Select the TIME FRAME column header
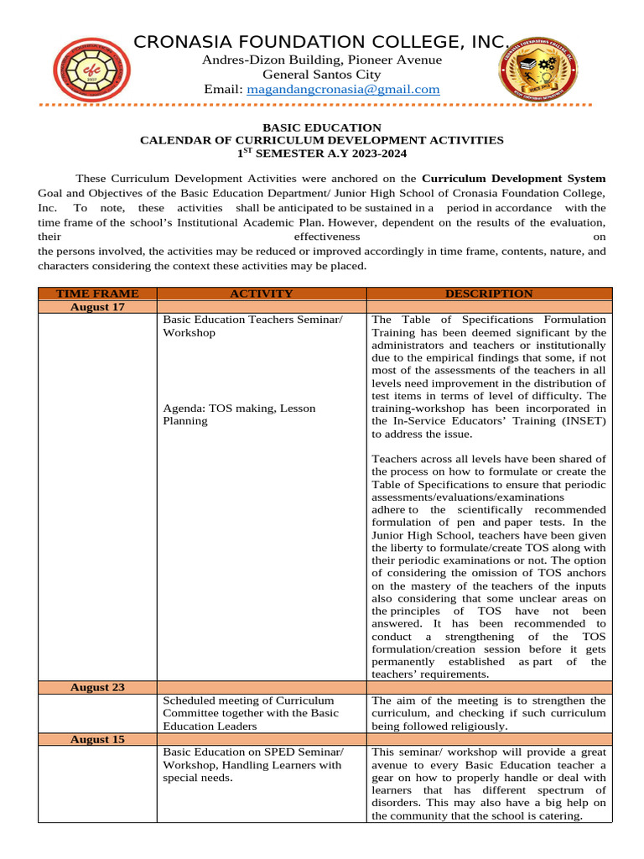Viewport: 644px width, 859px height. click(x=97, y=294)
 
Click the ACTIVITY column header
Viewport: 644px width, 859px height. click(x=262, y=294)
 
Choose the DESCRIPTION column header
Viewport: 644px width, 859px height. click(x=489, y=294)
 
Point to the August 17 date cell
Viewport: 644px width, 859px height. click(x=97, y=307)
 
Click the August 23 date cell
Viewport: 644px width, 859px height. click(x=97, y=687)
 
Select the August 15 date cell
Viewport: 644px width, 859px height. click(x=97, y=739)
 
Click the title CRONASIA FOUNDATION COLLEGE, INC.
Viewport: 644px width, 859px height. click(x=322, y=42)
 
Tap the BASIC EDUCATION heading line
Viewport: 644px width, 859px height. click(x=322, y=128)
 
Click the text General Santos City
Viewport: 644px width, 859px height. click(x=322, y=75)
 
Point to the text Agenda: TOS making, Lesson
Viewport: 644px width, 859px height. click(x=239, y=409)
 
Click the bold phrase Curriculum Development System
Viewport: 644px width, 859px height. click(x=513, y=179)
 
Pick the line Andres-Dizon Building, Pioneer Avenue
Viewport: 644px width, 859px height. click(x=322, y=60)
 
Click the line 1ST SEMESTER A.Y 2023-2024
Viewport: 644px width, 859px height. click(x=322, y=153)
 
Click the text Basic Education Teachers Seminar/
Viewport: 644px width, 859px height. click(x=252, y=320)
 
